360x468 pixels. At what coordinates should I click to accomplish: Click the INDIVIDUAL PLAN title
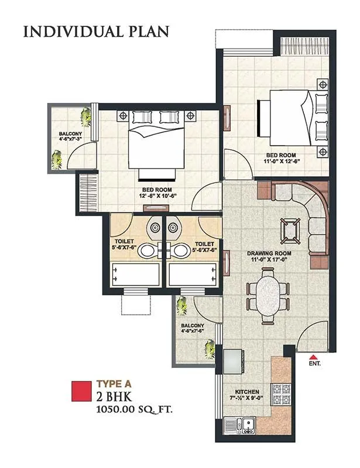96,31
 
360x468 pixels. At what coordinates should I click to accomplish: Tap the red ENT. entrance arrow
314,357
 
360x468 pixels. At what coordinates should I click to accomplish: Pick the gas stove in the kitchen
282,396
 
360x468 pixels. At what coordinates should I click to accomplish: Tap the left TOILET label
125,241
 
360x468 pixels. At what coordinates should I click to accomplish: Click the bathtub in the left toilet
135,274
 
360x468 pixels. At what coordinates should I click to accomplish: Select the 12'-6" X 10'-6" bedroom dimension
158,197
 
